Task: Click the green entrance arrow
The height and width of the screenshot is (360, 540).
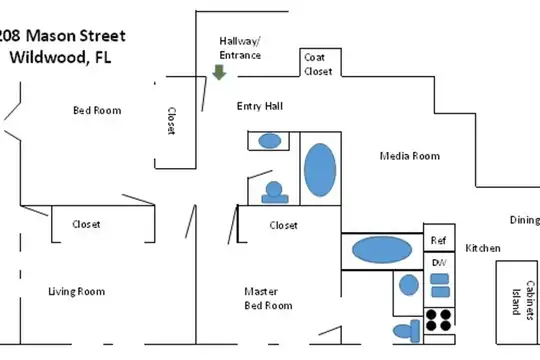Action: click(219, 72)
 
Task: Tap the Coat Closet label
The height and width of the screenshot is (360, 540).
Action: click(318, 64)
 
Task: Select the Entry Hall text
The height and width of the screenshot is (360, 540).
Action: click(260, 106)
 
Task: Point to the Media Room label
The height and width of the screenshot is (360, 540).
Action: click(410, 156)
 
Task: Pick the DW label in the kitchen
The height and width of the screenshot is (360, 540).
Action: click(439, 263)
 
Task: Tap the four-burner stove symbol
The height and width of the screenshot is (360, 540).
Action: click(439, 320)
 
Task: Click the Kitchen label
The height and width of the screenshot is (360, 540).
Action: click(483, 248)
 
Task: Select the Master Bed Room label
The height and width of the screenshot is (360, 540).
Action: click(268, 299)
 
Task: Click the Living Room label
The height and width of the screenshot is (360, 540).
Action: click(76, 291)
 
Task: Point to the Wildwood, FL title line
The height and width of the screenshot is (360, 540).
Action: click(60, 57)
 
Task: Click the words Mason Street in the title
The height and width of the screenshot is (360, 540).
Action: click(76, 35)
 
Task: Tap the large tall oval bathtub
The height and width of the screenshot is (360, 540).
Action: click(320, 170)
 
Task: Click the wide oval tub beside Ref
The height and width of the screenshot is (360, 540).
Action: click(382, 250)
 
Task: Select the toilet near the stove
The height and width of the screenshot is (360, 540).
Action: click(407, 331)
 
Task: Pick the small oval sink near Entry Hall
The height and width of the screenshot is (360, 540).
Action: click(270, 141)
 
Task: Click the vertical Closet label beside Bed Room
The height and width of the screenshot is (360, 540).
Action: click(171, 121)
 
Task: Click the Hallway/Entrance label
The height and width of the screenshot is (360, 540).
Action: click(240, 48)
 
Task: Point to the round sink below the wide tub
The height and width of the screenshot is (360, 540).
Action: click(409, 285)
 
